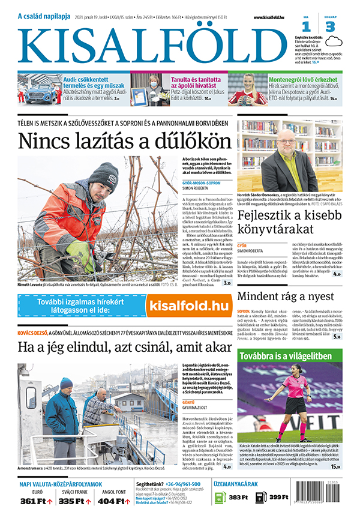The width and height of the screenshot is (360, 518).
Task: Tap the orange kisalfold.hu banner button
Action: pos(188,306)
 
